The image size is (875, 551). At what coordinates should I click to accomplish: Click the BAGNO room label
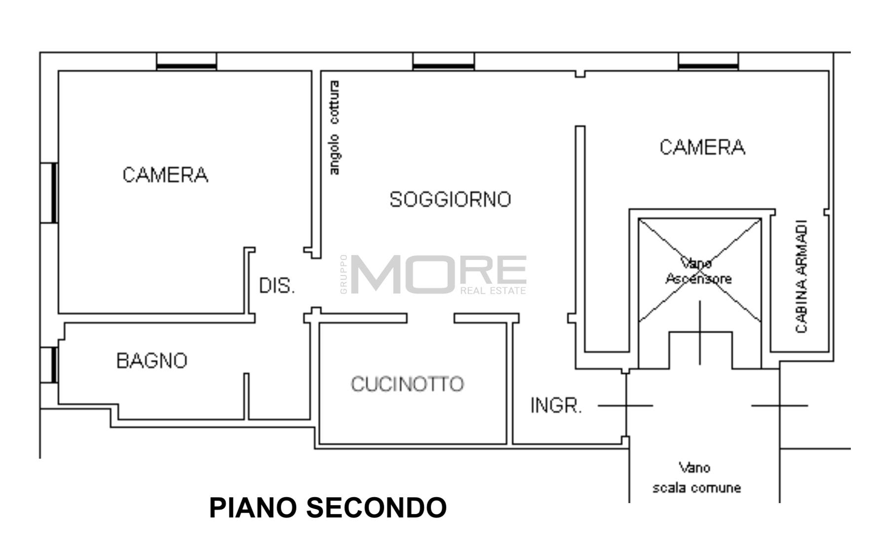pos(152,361)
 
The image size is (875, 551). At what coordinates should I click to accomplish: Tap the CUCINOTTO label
pos(407,384)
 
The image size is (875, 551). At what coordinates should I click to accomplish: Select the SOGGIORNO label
pos(450,199)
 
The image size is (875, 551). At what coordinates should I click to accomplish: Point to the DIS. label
pos(277,286)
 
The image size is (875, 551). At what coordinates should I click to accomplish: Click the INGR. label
pos(556,406)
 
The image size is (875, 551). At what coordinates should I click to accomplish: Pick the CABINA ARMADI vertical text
pos(802,276)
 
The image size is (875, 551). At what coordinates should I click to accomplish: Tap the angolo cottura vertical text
pos(334,128)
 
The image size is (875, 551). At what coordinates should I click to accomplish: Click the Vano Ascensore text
pos(698,271)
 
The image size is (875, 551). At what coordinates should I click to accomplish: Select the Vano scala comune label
pos(696,478)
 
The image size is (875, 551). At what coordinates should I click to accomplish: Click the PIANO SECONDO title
pos(328,508)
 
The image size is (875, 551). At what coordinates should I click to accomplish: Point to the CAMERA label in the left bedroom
pos(165,175)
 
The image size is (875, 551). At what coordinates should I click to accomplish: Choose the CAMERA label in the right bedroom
pos(702,147)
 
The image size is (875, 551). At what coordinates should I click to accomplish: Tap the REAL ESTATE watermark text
pos(493,291)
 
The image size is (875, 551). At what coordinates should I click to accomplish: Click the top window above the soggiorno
pos(443,61)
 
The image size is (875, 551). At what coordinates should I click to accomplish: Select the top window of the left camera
pos(186,61)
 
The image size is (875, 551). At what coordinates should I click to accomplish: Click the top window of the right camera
pos(708,61)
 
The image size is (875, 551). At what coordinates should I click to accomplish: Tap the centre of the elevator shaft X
pos(699,271)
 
